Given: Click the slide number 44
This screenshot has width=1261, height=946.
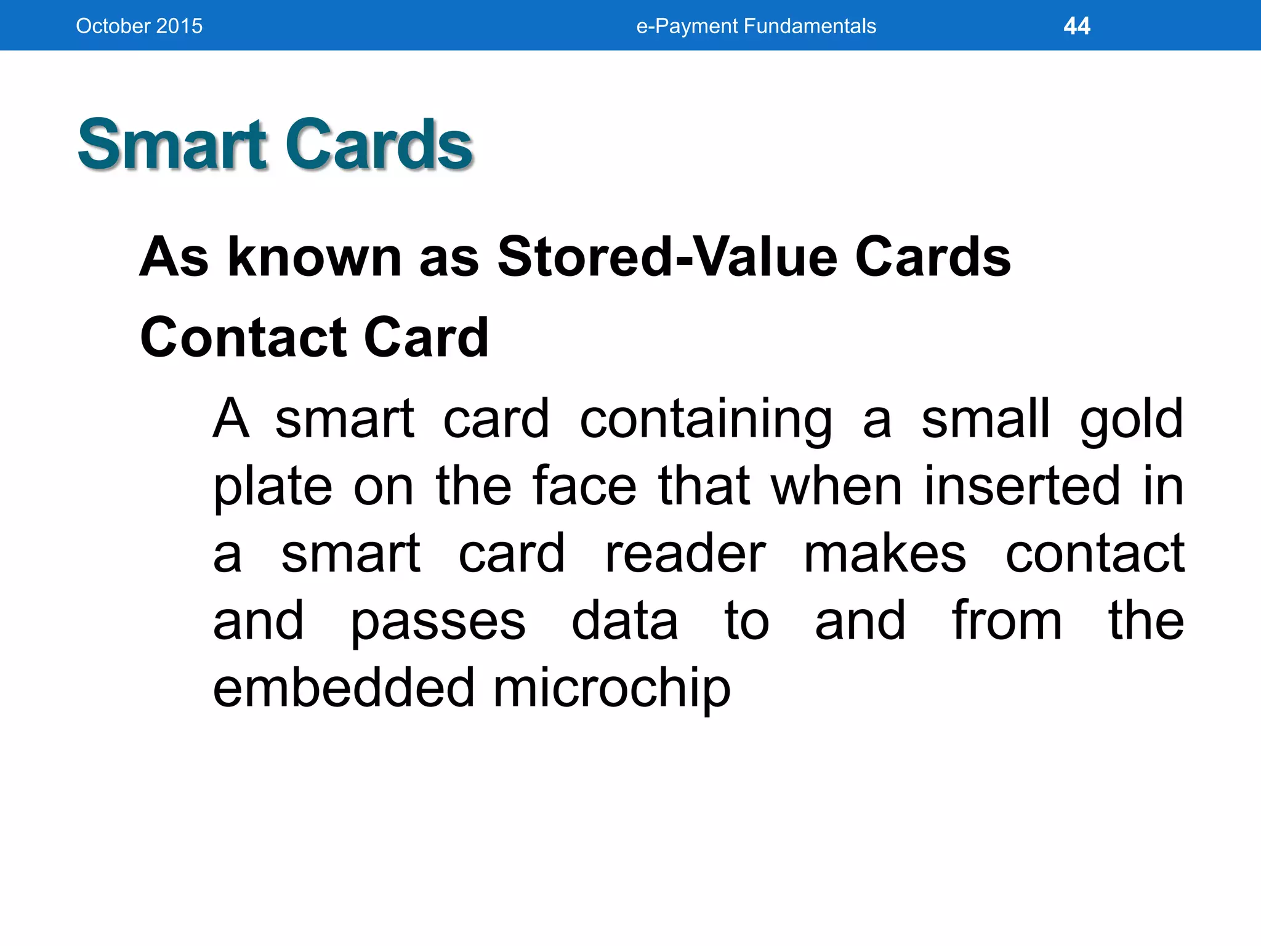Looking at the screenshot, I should pos(1076,26).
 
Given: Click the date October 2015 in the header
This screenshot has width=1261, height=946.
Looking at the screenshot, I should pos(139,26).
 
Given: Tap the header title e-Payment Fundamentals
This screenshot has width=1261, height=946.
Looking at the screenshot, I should pos(756,26).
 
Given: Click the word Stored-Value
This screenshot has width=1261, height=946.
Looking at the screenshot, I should pos(667,257).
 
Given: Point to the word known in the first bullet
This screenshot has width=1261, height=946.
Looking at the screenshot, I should pos(315,257).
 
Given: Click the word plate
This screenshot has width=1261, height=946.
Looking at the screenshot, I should pos(273,487).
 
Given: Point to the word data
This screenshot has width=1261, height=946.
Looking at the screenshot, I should pos(624,621).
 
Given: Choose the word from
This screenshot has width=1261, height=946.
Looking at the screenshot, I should pos(1007,621).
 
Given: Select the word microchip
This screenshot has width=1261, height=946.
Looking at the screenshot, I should pos(611,689).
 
